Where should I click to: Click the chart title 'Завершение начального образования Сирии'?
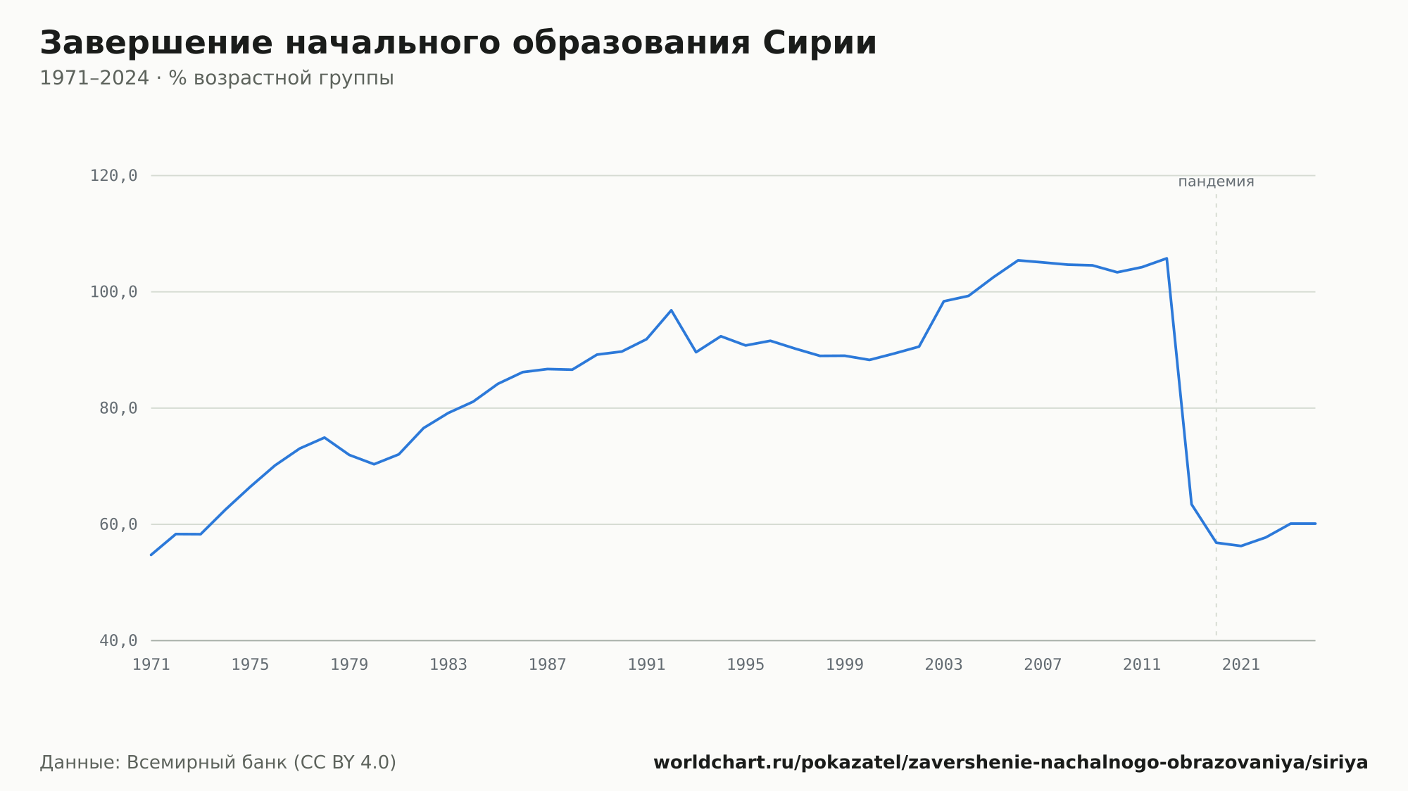pos(458,44)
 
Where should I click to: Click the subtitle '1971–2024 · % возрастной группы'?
pos(217,78)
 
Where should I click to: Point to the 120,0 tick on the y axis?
pos(113,176)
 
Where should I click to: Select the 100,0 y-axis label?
pos(113,292)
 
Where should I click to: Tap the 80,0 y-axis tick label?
pos(118,408)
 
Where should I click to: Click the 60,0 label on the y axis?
pos(118,524)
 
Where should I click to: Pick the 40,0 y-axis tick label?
pos(118,640)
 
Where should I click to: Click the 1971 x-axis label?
pos(151,665)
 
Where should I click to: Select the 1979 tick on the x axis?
pos(349,665)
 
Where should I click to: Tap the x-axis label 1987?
pos(548,665)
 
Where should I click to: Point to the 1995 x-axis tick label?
pos(746,665)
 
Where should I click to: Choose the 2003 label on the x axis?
pos(943,665)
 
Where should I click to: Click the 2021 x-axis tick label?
pos(1241,665)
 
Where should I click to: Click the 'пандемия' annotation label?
pos(1216,182)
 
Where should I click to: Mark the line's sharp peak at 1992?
pos(671,310)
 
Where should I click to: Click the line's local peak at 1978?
pos(325,438)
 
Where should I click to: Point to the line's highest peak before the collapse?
pos(1167,258)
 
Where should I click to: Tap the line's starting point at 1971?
pos(151,555)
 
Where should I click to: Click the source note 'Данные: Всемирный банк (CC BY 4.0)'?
pos(218,762)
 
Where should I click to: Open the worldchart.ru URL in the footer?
pos(1010,762)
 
